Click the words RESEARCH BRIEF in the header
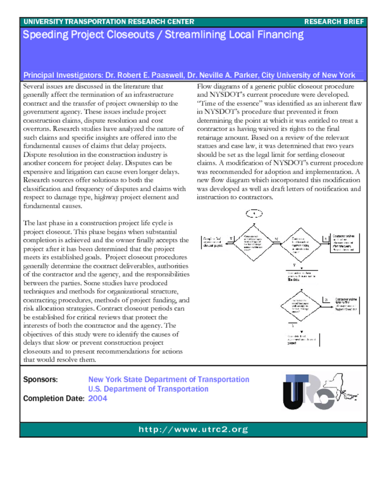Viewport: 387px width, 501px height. point(334,22)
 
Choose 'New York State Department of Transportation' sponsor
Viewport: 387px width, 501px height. point(168,380)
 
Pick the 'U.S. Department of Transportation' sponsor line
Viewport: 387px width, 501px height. point(148,389)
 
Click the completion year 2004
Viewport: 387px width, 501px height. point(97,398)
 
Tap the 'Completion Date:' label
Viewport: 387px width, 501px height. point(54,398)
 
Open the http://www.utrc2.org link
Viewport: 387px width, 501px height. point(193,430)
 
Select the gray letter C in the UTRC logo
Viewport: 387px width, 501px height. point(323,399)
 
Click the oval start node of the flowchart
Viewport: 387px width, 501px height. point(254,213)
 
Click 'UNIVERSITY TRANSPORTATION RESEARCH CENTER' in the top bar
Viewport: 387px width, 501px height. point(109,22)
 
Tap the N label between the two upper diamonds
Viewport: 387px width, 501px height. point(275,239)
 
